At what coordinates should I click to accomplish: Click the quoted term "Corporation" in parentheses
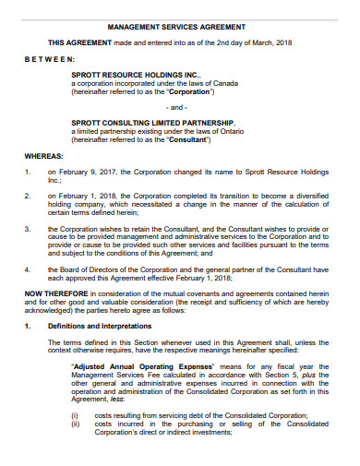point(188,92)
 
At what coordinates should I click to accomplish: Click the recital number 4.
point(29,269)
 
